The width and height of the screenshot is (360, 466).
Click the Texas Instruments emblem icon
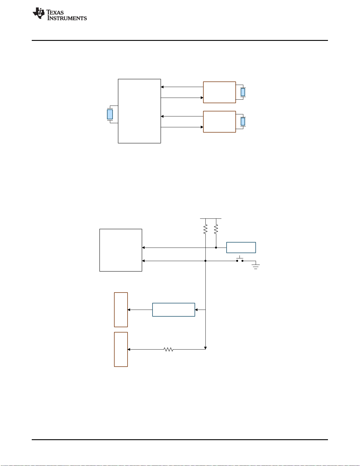click(38, 13)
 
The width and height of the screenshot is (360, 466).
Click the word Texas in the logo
click(55, 12)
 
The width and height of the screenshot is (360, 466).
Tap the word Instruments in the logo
click(67, 18)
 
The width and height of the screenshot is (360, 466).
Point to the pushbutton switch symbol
click(240, 259)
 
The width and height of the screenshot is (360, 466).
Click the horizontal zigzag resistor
click(168, 350)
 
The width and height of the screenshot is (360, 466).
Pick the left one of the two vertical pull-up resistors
click(205, 229)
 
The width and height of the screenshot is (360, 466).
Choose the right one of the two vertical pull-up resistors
click(216, 229)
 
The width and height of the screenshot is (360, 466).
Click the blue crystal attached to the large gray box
click(110, 114)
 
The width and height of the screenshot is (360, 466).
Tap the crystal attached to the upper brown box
click(243, 92)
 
